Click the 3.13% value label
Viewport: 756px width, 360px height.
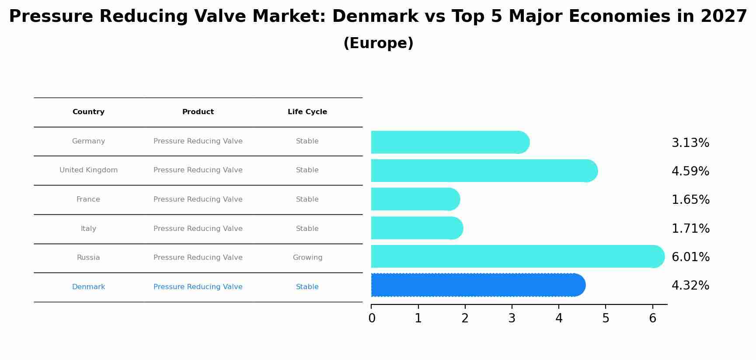[x=690, y=143]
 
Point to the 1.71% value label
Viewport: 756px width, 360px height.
[x=690, y=229]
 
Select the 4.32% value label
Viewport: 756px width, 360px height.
[x=690, y=286]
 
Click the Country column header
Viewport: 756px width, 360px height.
[x=88, y=112]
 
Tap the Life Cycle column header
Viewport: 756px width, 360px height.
[x=307, y=112]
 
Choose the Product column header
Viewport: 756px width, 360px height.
[x=198, y=112]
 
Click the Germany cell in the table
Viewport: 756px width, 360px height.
[x=88, y=141]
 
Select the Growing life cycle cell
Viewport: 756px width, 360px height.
[x=307, y=258]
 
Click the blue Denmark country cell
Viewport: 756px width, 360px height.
[x=88, y=287]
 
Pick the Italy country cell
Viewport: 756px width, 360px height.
[x=88, y=229]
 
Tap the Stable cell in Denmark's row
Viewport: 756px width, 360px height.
[x=307, y=287]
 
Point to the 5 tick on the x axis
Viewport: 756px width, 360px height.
[x=606, y=318]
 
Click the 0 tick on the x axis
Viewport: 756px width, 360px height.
[x=372, y=318]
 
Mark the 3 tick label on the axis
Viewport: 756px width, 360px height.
[x=512, y=318]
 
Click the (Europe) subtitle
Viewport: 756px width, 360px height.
[x=378, y=43]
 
